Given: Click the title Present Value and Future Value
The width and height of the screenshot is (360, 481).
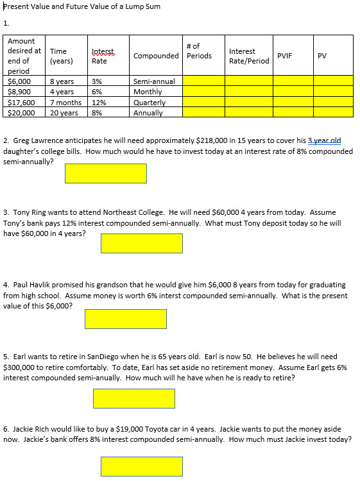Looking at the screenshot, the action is [81, 6].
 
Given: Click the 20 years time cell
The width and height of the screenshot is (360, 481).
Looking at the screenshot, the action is [64, 112].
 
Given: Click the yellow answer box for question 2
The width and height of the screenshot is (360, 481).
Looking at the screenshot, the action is [105, 173].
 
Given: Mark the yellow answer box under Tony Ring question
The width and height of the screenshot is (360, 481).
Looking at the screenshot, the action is [141, 243].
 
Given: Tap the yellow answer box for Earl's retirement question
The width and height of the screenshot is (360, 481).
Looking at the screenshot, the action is [133, 398].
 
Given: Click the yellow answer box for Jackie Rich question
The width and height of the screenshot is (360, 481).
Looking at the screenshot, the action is [141, 466].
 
